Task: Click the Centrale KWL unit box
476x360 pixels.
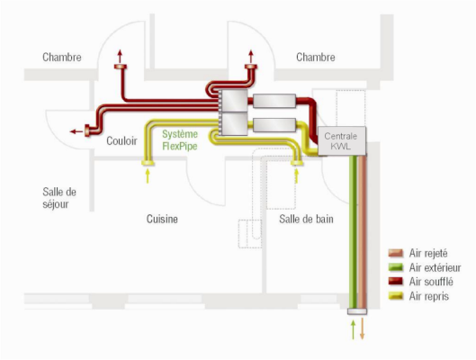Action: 342,140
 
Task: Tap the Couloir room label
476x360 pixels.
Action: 121,140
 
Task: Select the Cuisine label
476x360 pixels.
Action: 162,219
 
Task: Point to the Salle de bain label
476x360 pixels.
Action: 306,219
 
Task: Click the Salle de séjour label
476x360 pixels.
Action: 59,198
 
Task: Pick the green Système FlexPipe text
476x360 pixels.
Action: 180,139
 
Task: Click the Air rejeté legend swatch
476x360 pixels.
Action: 396,253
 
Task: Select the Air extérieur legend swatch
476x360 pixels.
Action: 396,267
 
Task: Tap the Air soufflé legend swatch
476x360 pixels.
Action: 396,282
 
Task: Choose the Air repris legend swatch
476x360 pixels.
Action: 396,295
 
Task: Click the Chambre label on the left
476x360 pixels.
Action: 62,57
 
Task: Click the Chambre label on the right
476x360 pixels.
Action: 316,57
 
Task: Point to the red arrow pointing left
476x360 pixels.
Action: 76,131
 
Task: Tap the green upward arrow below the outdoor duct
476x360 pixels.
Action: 353,329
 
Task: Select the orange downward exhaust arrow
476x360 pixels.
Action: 362,328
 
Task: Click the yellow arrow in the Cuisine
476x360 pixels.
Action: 148,175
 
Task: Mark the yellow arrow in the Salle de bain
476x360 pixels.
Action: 297,175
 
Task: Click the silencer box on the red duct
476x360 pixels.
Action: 274,101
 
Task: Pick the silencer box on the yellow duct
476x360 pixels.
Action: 274,125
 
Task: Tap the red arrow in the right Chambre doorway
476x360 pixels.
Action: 251,56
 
